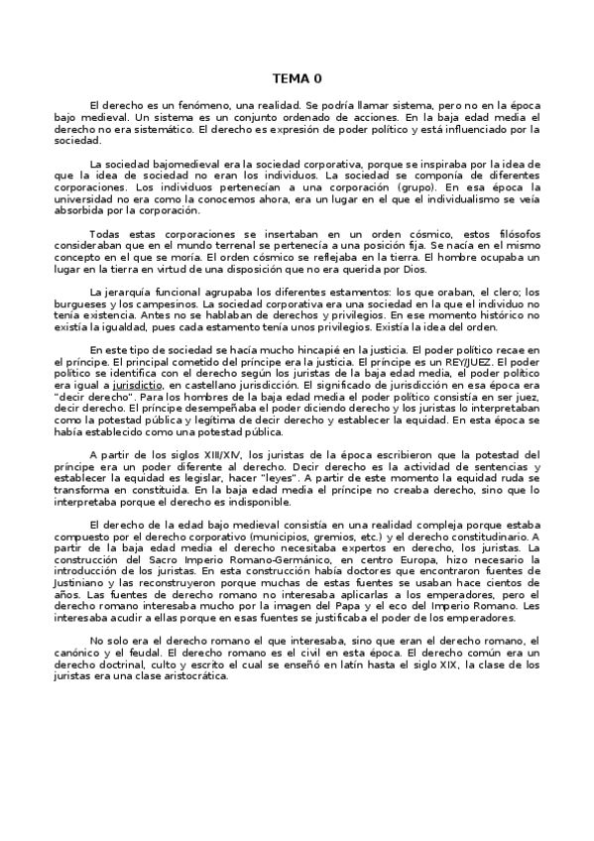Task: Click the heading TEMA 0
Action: point(297,78)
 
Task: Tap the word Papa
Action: point(334,607)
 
